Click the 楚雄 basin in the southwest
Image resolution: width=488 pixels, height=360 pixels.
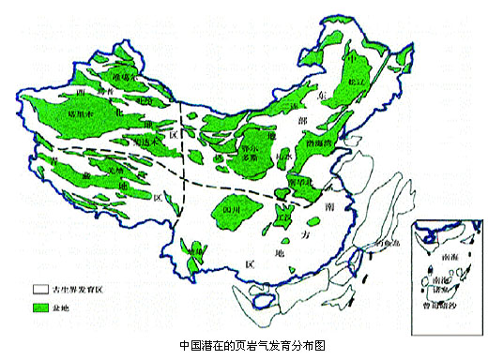click(194, 253)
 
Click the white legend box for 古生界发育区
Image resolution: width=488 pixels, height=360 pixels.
click(40, 290)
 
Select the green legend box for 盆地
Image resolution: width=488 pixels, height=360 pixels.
click(40, 307)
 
